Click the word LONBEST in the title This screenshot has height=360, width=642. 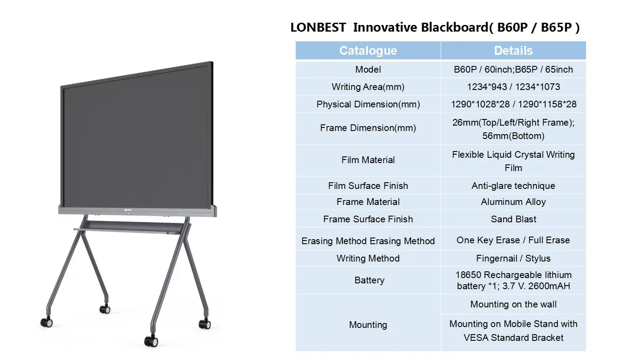click(318, 28)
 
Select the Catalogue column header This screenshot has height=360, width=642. click(368, 51)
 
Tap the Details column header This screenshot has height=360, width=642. click(513, 51)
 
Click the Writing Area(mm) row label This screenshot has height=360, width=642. click(368, 87)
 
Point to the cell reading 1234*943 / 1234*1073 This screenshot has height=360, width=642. click(513, 87)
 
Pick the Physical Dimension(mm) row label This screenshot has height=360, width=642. click(368, 104)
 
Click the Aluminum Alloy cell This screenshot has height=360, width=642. click(513, 202)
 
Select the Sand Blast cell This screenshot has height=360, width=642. click(513, 219)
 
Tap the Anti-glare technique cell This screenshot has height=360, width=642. click(513, 186)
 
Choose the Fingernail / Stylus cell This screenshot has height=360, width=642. click(513, 258)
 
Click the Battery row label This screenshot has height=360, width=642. click(369, 280)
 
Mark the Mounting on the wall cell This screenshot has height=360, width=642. click(513, 304)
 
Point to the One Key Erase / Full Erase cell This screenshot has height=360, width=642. click(513, 240)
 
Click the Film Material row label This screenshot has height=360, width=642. click(368, 160)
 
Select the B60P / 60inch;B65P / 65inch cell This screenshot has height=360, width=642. click(513, 70)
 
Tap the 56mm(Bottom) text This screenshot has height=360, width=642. click(513, 136)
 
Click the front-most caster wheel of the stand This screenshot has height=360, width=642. click(151, 341)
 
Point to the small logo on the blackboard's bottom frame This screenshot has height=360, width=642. click(128, 210)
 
